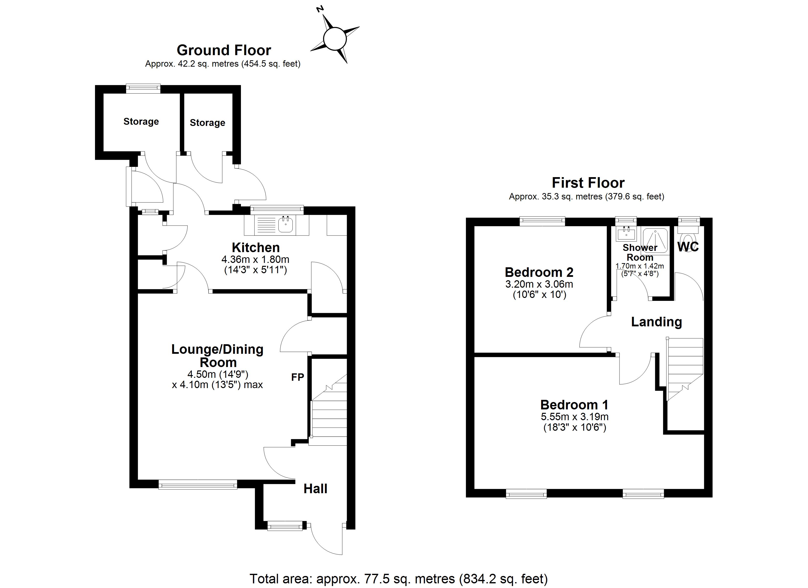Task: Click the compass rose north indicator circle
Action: click(334, 39)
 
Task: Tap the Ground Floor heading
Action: click(224, 50)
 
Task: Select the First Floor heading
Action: click(588, 183)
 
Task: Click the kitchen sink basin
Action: click(286, 225)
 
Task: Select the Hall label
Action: click(315, 489)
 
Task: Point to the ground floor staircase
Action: click(329, 414)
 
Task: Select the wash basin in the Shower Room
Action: click(626, 233)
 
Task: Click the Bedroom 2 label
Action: click(539, 272)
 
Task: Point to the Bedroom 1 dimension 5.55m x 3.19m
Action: click(574, 416)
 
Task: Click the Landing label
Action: click(656, 322)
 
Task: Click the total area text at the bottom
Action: click(398, 578)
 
